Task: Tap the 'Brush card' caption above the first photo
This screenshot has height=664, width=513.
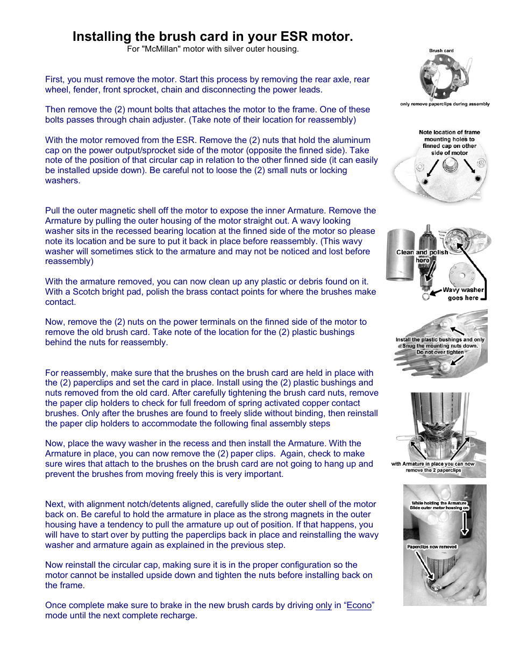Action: (x=441, y=51)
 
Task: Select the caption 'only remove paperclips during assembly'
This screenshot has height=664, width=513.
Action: (x=445, y=104)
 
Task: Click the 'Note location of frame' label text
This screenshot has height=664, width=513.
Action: (x=449, y=132)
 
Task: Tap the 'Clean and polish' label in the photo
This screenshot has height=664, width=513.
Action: (x=422, y=252)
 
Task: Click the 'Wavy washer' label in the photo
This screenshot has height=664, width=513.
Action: (x=463, y=290)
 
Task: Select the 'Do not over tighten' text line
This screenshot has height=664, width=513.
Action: (x=440, y=352)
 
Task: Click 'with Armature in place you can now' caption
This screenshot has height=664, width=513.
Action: (x=433, y=463)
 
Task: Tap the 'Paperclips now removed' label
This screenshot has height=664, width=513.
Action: (x=432, y=547)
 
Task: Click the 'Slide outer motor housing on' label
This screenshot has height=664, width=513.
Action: (x=439, y=508)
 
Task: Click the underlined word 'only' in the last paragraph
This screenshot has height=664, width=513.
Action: (x=323, y=605)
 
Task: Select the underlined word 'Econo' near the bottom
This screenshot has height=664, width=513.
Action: (x=359, y=605)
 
